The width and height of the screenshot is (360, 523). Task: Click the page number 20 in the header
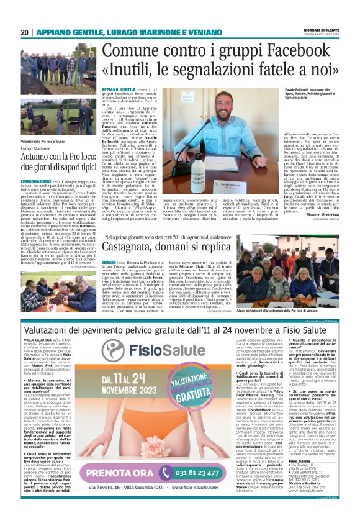coord(25,33)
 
